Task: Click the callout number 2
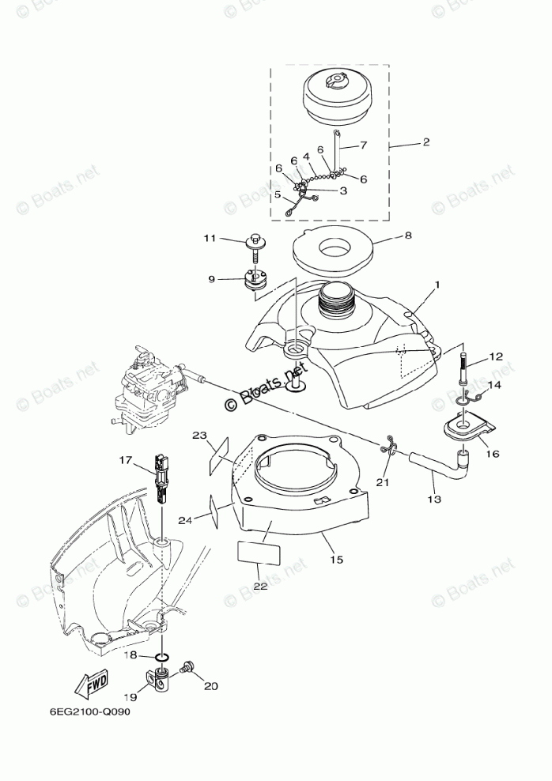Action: pyautogui.click(x=425, y=142)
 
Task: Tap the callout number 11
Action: pyautogui.click(x=209, y=238)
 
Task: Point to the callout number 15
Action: pyautogui.click(x=336, y=560)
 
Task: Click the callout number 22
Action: pyautogui.click(x=259, y=586)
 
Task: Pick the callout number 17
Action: pyautogui.click(x=125, y=458)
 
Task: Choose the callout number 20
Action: pyautogui.click(x=210, y=686)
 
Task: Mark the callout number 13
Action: pyautogui.click(x=435, y=500)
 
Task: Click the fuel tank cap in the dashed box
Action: pyautogui.click(x=335, y=99)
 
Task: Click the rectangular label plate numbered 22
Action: pyautogui.click(x=259, y=551)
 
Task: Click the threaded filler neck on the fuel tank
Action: pyautogui.click(x=335, y=299)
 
